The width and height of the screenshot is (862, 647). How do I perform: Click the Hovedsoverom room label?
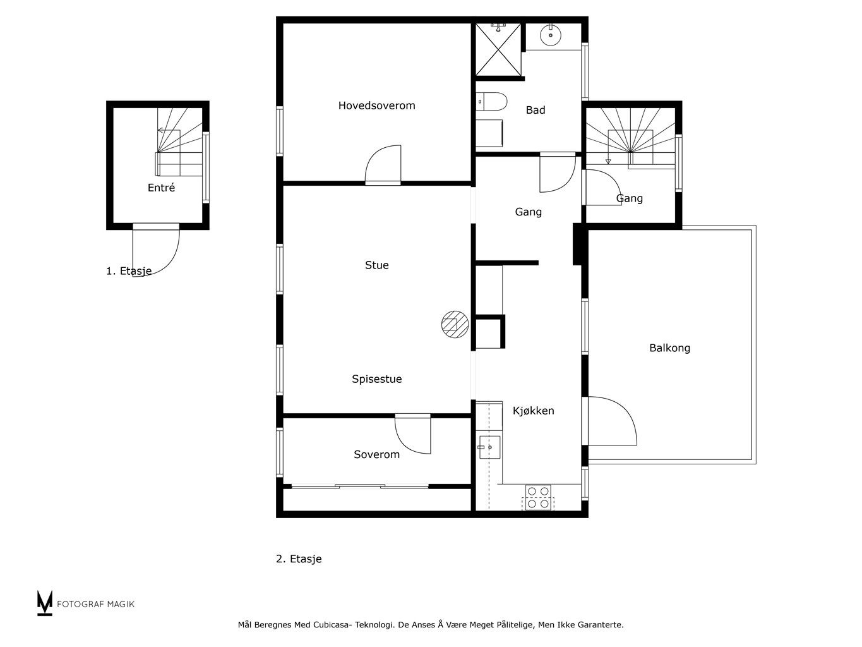[x=376, y=106]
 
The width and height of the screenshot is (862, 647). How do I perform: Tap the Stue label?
[x=376, y=265]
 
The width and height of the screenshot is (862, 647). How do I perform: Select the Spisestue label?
[x=376, y=379]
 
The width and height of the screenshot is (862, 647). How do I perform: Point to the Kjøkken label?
[x=533, y=411]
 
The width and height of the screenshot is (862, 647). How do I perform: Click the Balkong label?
[x=669, y=348]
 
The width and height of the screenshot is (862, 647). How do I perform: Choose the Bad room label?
[x=536, y=110]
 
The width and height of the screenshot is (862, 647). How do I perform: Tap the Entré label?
[x=161, y=188]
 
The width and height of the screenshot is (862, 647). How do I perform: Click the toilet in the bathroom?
[x=491, y=102]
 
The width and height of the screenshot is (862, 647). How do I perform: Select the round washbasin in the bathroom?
[x=551, y=35]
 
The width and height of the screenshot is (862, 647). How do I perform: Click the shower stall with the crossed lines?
[x=498, y=49]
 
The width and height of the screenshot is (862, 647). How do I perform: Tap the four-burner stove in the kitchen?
[x=538, y=497]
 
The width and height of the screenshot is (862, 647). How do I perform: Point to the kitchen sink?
[x=489, y=447]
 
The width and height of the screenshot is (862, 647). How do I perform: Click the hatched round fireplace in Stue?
[x=455, y=325]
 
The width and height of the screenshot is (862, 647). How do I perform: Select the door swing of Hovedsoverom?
[x=383, y=165]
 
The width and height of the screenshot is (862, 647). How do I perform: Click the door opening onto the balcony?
[x=612, y=421]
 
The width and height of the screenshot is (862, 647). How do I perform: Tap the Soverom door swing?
[x=413, y=434]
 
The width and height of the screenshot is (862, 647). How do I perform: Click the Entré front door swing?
[x=156, y=250]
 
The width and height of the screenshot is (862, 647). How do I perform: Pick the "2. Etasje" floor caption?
[x=299, y=559]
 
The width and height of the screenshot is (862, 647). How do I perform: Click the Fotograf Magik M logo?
[x=45, y=603]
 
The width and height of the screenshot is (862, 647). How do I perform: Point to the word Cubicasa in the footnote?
[x=330, y=625]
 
